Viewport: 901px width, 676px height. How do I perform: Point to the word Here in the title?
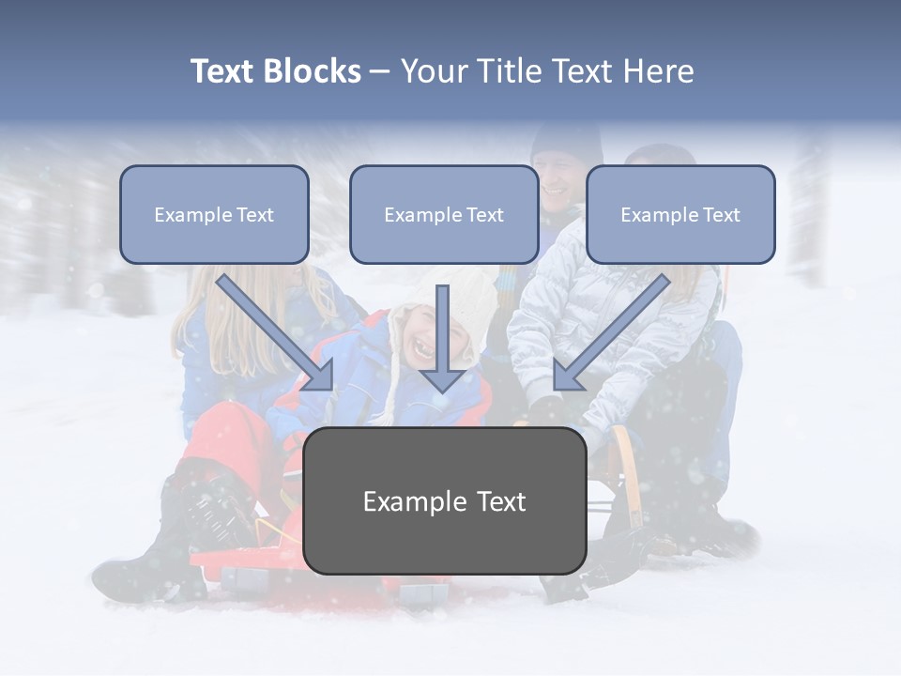662,71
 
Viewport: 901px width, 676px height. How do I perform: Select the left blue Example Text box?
214,214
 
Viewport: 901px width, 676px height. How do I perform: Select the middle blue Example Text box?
444,214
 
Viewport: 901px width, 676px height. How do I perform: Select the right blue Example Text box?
680,214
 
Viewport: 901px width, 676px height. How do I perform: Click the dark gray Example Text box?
445,501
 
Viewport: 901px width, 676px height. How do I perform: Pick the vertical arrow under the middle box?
443,338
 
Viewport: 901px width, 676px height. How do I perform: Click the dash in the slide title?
380,72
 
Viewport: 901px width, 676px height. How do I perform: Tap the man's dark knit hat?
566,141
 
